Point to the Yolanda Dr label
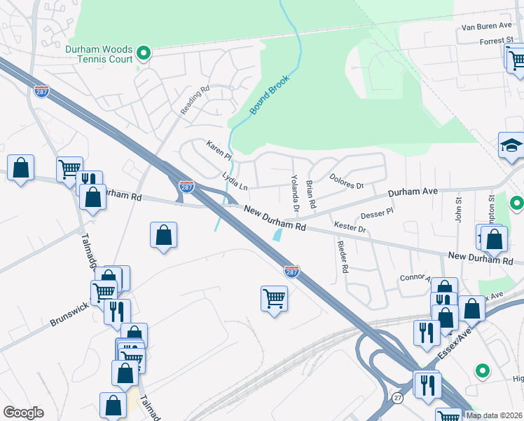(x=295, y=194)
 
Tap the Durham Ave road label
(x=413, y=192)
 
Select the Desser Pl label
(x=377, y=211)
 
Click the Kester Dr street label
(x=350, y=228)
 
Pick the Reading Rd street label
(x=195, y=101)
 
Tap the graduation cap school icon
(x=511, y=145)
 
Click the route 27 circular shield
(x=398, y=398)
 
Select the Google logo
(x=23, y=412)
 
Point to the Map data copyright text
(x=494, y=415)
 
